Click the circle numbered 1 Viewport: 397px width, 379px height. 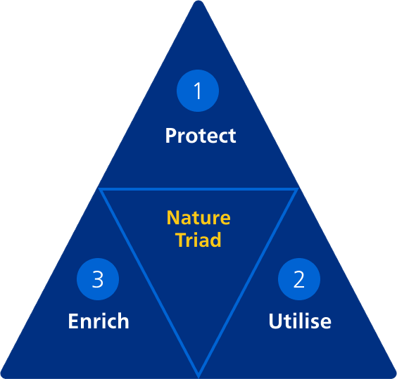(x=198, y=91)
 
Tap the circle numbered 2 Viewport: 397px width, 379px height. (x=299, y=279)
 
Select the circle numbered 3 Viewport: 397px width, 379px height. (x=98, y=279)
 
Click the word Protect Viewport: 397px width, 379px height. (x=201, y=136)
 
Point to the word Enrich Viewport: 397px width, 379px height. (x=99, y=321)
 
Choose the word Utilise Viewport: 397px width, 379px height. (x=300, y=321)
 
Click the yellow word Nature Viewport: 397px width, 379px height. (x=198, y=217)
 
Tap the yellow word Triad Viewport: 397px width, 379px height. (x=198, y=239)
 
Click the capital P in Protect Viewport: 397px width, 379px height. (x=171, y=136)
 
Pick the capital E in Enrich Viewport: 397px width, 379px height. (x=73, y=321)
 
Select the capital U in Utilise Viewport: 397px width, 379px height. (x=275, y=321)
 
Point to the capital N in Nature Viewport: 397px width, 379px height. (x=173, y=217)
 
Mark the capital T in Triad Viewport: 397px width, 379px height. (x=182, y=239)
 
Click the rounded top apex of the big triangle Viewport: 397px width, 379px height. (x=198, y=1)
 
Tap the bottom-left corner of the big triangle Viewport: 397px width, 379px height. (x=3, y=376)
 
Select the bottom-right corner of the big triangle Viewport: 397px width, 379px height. (x=394, y=376)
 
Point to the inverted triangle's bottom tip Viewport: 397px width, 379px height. (x=198, y=375)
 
